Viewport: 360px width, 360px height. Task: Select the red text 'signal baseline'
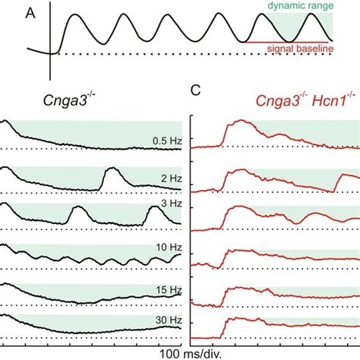[x=313, y=49]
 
